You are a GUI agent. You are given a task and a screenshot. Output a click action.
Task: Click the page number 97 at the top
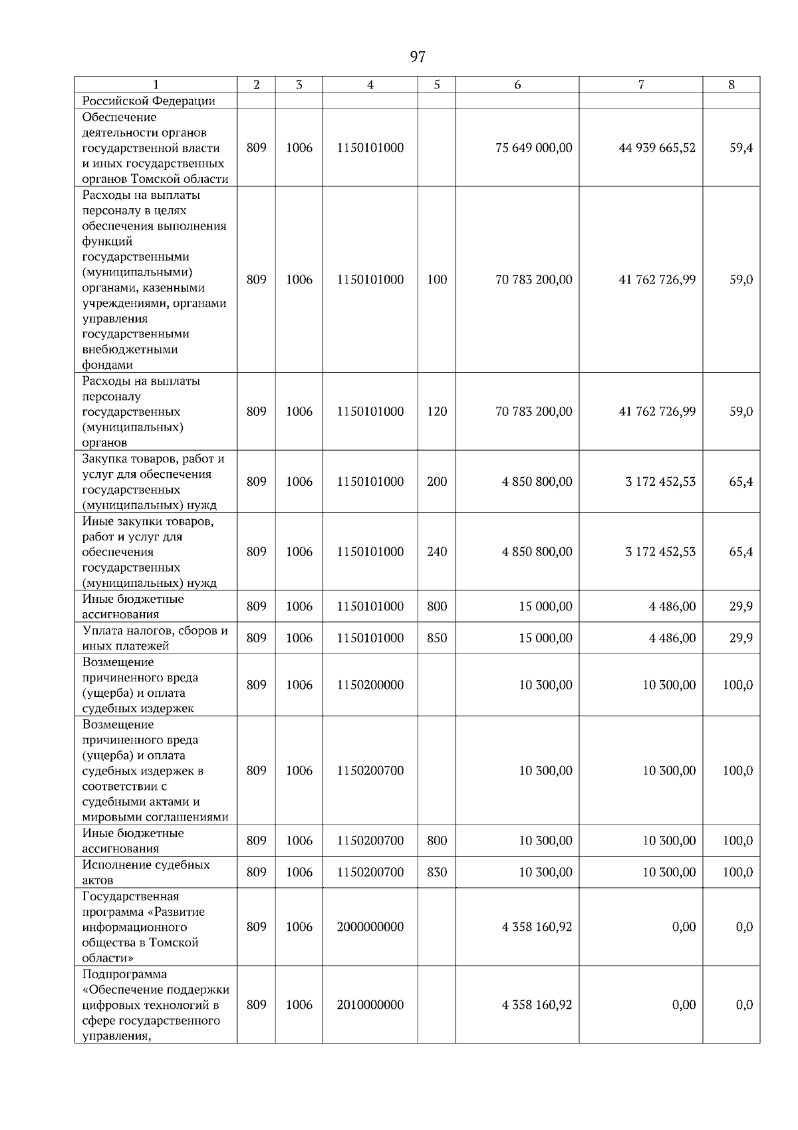[x=417, y=57]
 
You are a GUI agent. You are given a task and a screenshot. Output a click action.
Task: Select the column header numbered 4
[x=370, y=85]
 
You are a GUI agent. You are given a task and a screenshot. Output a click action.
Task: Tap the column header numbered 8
[x=731, y=85]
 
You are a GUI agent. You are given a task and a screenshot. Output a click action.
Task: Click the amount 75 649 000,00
[x=533, y=148]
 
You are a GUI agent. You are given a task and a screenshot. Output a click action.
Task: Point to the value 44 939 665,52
[x=657, y=148]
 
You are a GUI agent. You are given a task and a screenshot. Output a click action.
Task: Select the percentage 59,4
[x=740, y=148]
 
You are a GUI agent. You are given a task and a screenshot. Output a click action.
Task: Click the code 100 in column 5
[x=436, y=280]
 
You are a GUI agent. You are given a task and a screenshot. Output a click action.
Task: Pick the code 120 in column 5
[x=436, y=411]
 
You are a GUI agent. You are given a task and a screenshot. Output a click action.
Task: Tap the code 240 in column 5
[x=436, y=552]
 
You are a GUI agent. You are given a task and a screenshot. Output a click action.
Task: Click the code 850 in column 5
[x=436, y=638]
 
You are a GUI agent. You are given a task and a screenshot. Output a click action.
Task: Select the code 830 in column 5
[x=436, y=872]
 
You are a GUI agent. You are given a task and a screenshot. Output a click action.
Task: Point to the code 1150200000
[x=370, y=685]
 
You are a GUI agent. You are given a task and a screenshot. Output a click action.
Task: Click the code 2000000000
[x=370, y=927]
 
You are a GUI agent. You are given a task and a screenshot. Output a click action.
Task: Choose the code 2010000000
[x=370, y=1005]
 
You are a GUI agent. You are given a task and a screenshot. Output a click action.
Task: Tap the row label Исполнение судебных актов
[x=146, y=872]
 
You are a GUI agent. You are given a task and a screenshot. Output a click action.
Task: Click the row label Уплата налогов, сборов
[x=154, y=630]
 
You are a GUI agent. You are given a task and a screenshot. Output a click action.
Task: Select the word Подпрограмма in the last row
[x=124, y=974]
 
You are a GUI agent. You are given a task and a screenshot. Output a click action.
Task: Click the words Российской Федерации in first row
[x=148, y=101]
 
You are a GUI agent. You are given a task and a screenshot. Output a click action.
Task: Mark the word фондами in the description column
[x=107, y=365]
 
